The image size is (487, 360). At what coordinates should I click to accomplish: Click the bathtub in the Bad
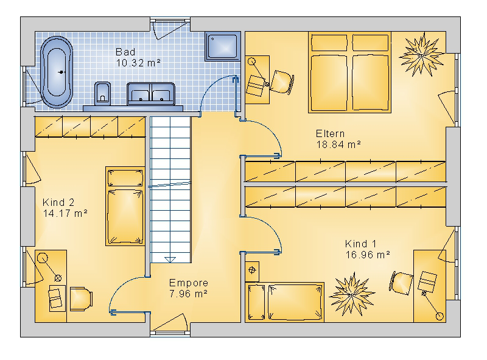[57, 72]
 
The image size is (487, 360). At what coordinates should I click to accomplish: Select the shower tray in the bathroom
[223, 46]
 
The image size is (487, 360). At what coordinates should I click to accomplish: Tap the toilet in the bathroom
[102, 93]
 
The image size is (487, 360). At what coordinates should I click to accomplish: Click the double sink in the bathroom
[151, 94]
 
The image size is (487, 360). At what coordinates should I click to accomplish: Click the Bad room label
[125, 52]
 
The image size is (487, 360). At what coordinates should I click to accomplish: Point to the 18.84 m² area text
[338, 144]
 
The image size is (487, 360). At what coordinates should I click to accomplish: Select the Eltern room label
[330, 133]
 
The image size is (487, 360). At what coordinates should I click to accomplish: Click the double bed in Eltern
[349, 72]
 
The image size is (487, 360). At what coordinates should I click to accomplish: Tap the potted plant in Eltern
[421, 55]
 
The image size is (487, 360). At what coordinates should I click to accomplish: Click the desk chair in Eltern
[282, 82]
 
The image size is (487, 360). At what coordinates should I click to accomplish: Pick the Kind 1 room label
[360, 244]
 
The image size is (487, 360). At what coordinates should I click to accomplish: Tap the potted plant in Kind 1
[352, 294]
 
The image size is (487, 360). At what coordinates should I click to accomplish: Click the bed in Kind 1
[285, 302]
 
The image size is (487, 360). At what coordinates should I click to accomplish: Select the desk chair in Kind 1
[401, 282]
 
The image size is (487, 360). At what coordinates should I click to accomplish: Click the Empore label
[189, 283]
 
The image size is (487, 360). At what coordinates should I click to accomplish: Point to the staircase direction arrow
[170, 260]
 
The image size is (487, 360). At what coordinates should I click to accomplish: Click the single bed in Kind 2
[125, 206]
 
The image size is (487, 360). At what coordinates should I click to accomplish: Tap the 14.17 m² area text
[65, 214]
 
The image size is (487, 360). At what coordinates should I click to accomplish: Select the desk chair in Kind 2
[81, 299]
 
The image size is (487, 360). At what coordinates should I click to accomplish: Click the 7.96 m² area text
[188, 294]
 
